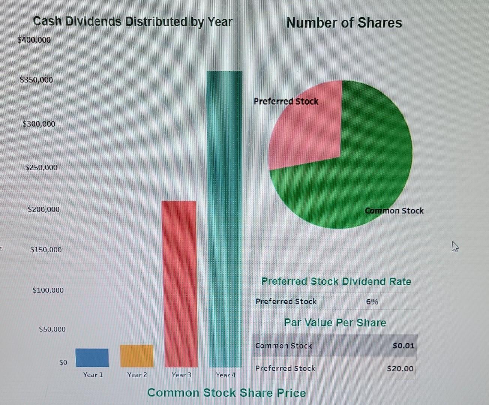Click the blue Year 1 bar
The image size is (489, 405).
click(92, 358)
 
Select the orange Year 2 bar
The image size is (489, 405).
click(136, 356)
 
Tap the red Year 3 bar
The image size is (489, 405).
click(179, 284)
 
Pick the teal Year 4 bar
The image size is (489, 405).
click(225, 219)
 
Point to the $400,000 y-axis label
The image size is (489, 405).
click(34, 40)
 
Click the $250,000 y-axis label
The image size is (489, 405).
click(41, 168)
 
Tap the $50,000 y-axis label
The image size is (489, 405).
click(52, 329)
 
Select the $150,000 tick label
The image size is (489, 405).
click(46, 250)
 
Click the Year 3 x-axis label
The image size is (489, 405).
click(181, 375)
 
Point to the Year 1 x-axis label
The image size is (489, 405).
click(93, 375)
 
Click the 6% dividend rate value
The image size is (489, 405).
click(372, 301)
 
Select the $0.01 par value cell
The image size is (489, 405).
click(403, 345)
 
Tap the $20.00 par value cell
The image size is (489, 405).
click(400, 369)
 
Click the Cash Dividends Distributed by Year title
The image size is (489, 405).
click(133, 21)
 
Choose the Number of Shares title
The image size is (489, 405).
click(344, 23)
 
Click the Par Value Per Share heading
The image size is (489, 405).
click(335, 323)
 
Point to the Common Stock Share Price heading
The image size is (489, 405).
click(226, 393)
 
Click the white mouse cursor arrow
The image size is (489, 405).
click(455, 247)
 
